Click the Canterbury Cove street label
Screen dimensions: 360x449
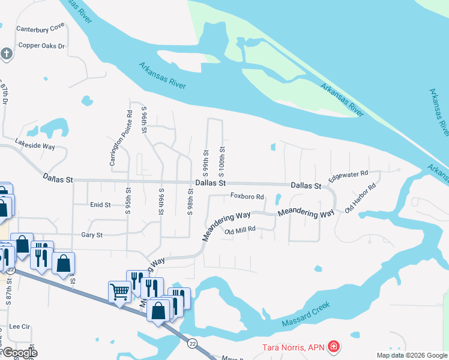[x=40, y=28]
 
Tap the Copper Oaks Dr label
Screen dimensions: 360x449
[x=41, y=46]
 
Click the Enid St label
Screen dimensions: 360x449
[x=100, y=205]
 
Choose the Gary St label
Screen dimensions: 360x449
[x=92, y=235]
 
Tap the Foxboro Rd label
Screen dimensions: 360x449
[x=247, y=196]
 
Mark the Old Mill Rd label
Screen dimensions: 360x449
[x=240, y=229]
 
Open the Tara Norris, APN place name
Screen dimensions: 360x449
[x=294, y=347]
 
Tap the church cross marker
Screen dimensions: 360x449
[x=7, y=55]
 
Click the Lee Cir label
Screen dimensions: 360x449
[x=20, y=327]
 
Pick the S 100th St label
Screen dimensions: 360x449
[x=222, y=158]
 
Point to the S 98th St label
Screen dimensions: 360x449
[x=190, y=202]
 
